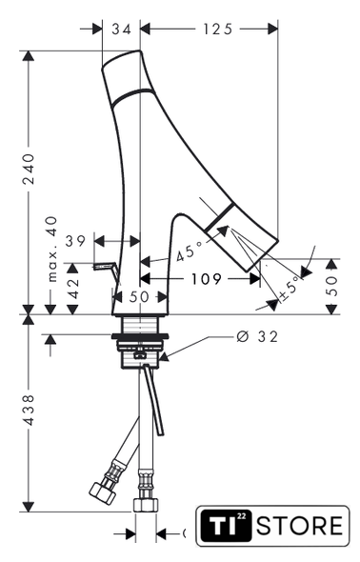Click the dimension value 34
coord(122,29)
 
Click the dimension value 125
coord(218,29)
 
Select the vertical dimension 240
coord(29,169)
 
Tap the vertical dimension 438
coord(29,410)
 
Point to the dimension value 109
coord(206,278)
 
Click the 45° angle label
coord(190,251)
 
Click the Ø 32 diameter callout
coord(257,336)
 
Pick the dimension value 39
coord(75,241)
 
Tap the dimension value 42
coord(73,289)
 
